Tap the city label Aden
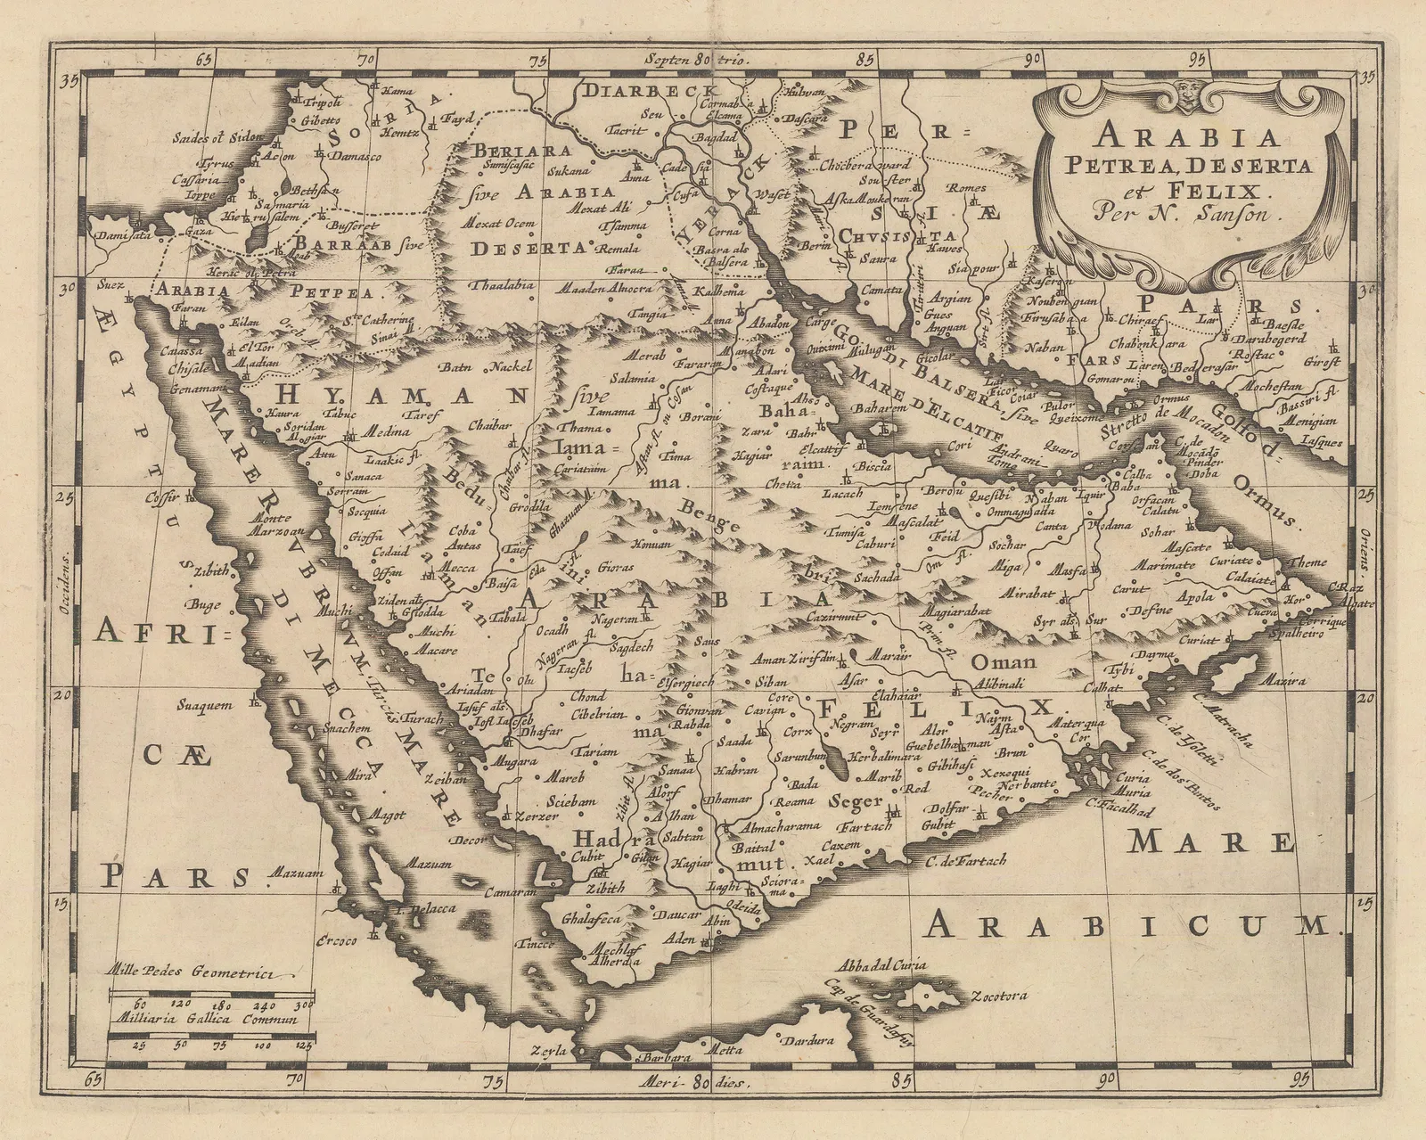(680, 940)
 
